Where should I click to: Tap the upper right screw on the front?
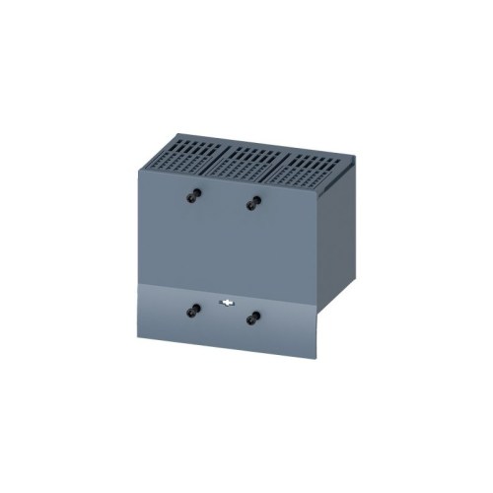click(x=252, y=202)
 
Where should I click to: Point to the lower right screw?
click(x=254, y=317)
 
